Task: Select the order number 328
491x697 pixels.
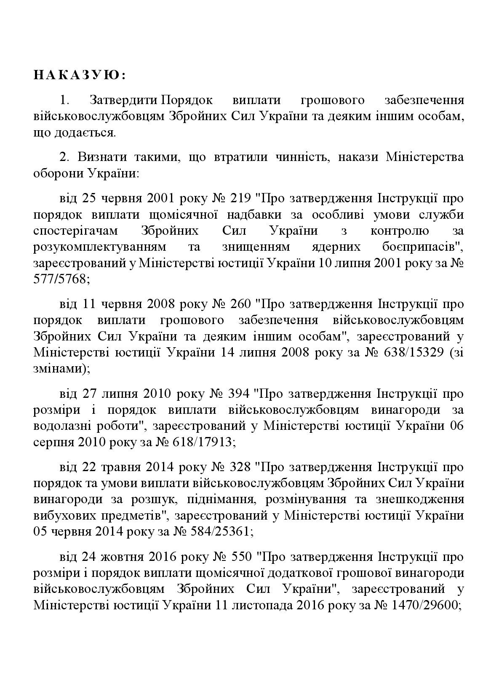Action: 241,467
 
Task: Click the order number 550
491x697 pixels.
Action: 241,557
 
